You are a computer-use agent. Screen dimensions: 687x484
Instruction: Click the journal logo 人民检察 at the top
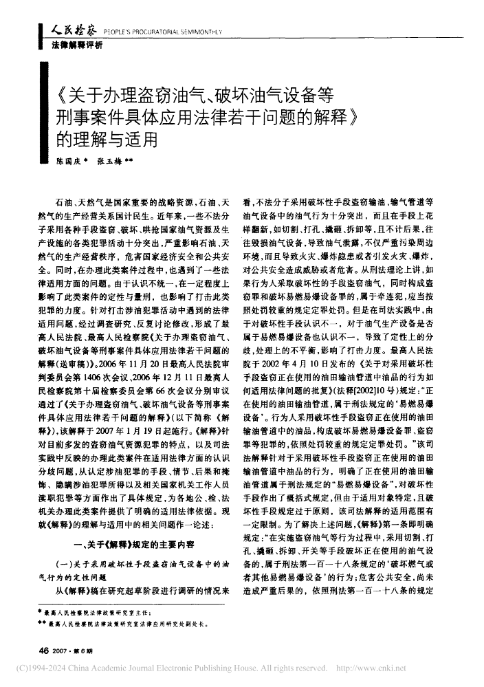pos(74,29)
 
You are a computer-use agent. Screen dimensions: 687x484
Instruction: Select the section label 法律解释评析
pos(76,45)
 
